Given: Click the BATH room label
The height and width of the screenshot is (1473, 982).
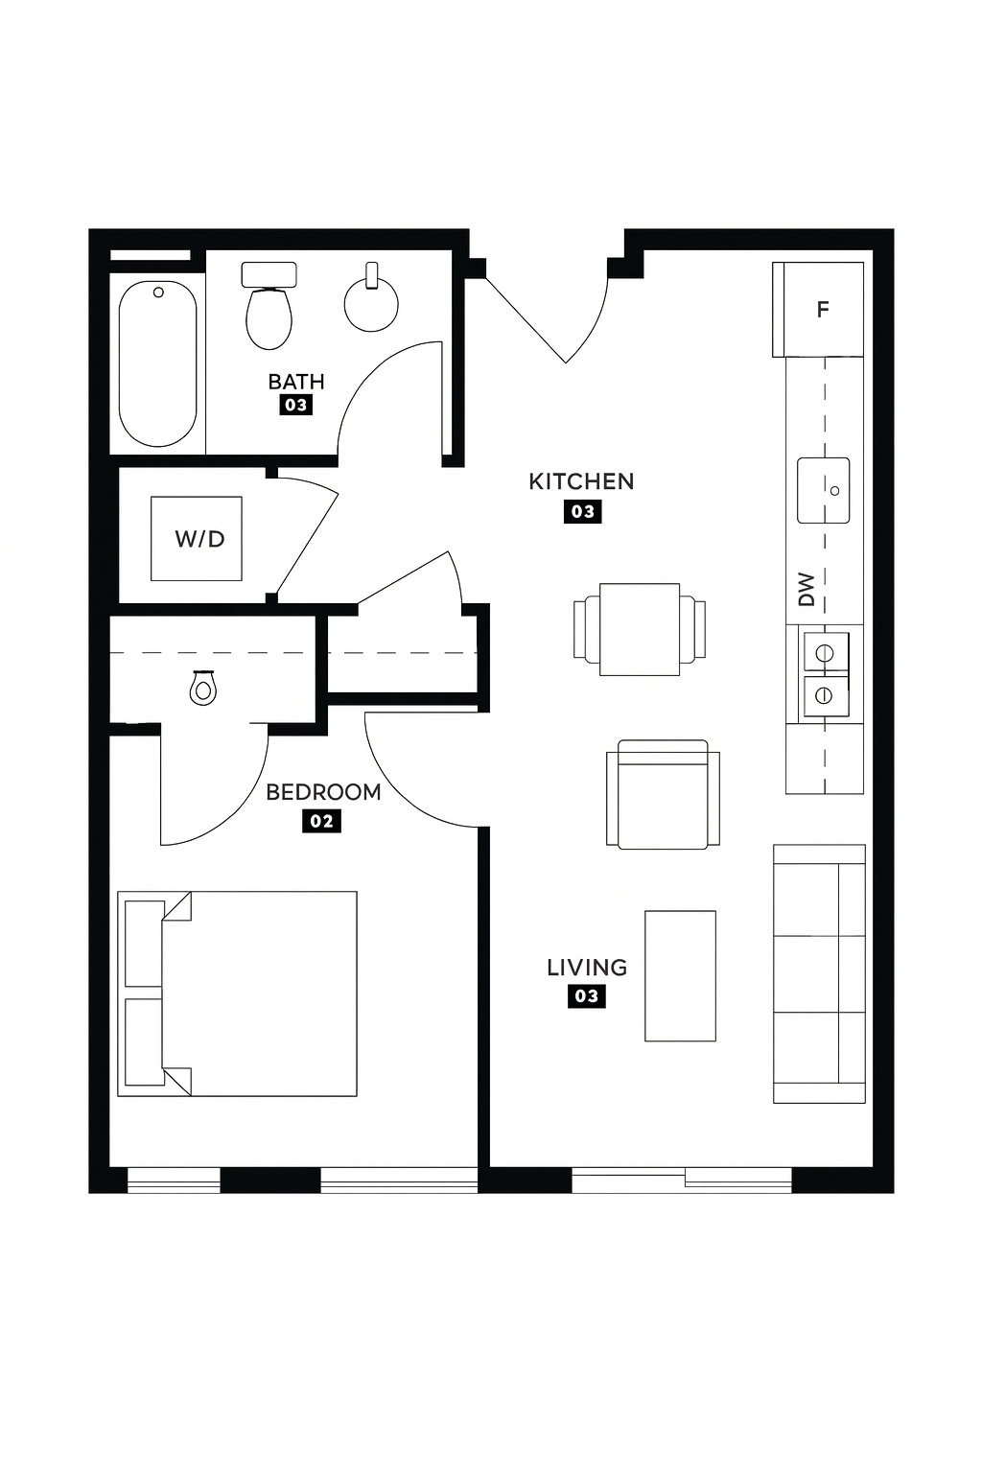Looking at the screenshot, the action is [x=296, y=382].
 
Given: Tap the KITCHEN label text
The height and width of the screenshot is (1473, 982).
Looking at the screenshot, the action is [x=581, y=481].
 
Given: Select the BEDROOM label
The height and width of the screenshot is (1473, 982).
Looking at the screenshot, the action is [x=323, y=792].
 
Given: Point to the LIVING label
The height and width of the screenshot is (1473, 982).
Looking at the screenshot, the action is [x=587, y=968].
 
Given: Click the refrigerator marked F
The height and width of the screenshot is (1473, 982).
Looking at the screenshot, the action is [x=818, y=309].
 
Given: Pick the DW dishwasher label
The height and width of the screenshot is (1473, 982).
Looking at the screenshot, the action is [x=806, y=589].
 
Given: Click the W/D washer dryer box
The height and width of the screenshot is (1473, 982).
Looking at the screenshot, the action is [x=196, y=539].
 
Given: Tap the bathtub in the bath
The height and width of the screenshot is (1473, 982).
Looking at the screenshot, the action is [x=158, y=363].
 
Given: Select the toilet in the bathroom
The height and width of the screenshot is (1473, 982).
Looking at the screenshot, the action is [x=269, y=305].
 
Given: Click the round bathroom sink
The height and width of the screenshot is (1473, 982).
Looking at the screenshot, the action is [x=371, y=303].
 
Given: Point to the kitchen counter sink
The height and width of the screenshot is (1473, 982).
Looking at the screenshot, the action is [x=823, y=491].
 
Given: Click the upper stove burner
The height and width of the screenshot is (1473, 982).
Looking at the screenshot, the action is [x=825, y=653].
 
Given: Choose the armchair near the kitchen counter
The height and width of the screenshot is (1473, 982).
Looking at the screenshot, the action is [x=663, y=794].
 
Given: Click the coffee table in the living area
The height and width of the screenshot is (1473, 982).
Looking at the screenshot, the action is [x=680, y=976].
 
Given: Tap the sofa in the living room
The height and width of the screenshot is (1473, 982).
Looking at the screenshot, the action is [x=819, y=973].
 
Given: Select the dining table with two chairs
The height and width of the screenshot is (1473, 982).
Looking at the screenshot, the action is [x=640, y=629].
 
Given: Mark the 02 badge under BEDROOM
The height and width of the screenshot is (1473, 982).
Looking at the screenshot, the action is [x=321, y=821].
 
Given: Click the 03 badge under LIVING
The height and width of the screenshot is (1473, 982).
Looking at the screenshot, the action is [x=587, y=996].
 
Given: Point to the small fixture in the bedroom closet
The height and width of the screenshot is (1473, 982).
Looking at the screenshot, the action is [x=202, y=688].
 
